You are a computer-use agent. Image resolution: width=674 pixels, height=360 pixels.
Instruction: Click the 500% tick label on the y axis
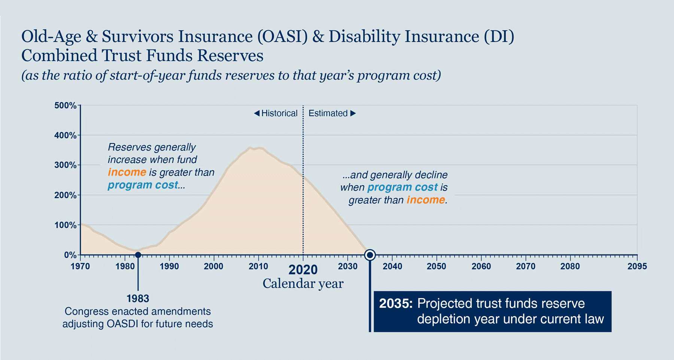[65, 105]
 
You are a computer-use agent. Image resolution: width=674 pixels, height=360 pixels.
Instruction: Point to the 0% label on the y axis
[70, 255]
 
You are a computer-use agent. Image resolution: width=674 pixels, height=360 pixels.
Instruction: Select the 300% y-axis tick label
[65, 165]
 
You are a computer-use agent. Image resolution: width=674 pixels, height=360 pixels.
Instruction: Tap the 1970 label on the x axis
[80, 266]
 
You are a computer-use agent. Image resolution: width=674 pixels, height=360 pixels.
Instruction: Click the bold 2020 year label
[303, 270]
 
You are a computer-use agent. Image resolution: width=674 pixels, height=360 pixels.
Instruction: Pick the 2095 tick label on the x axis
[637, 266]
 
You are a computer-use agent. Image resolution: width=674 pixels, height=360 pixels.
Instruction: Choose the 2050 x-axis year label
[437, 266]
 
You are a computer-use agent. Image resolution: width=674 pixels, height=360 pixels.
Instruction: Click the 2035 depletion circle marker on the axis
[370, 255]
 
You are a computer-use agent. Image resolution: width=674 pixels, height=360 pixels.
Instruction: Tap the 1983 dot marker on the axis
[138, 255]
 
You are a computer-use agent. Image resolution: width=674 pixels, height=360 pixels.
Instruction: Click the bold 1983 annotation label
[138, 299]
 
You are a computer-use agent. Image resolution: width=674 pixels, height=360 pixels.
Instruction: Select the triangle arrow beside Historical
[256, 113]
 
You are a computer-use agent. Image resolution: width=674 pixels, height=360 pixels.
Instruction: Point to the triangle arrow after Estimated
[353, 113]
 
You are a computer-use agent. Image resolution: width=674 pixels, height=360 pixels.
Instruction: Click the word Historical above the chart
[279, 113]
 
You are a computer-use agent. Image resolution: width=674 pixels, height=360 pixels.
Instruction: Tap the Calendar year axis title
[303, 284]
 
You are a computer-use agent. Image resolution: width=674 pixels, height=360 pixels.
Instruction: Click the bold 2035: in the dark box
[396, 303]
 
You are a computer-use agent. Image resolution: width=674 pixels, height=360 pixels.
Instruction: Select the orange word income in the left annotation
[127, 172]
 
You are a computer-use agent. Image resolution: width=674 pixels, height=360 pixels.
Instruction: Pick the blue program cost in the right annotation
[403, 187]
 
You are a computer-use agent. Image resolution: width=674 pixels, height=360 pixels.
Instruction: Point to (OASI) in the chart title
[282, 37]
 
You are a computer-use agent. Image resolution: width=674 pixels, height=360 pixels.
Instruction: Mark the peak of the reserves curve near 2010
[250, 148]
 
